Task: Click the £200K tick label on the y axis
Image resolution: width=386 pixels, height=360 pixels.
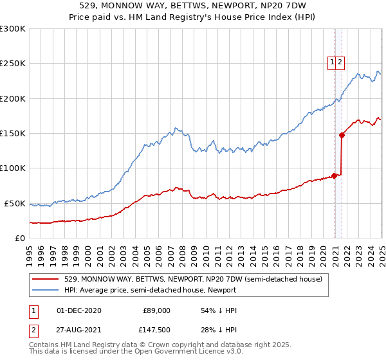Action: click(13, 98)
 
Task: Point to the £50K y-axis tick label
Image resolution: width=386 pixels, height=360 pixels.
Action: click(15, 203)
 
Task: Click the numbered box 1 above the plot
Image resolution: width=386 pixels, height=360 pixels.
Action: click(333, 62)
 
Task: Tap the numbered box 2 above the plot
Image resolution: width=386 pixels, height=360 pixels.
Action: click(340, 62)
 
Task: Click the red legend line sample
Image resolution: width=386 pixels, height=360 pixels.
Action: click(46, 279)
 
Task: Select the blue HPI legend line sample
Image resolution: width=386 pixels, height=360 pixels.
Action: click(46, 290)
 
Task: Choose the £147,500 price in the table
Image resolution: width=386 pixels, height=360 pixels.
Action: click(154, 331)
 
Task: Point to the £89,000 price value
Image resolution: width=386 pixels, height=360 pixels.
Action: click(156, 310)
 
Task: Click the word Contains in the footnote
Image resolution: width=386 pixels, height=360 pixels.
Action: click(46, 346)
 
